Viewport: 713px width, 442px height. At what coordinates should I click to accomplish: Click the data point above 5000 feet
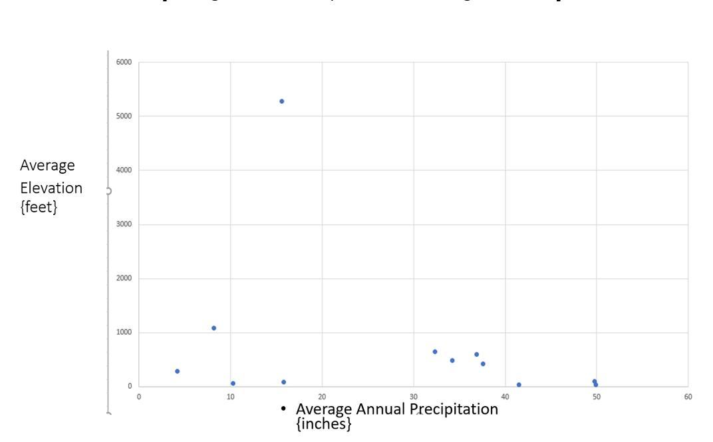281,101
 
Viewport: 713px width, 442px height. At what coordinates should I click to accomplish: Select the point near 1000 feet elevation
214,328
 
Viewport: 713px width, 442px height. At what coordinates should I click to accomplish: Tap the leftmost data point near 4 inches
177,371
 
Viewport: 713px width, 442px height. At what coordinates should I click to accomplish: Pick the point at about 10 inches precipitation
233,383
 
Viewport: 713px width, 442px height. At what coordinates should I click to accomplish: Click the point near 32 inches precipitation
434,351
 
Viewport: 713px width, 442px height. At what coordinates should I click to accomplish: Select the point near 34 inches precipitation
452,360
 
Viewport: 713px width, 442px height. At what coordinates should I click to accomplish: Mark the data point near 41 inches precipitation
519,385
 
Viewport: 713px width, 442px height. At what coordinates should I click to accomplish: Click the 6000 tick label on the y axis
124,62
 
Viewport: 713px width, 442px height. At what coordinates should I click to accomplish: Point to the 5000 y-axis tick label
124,116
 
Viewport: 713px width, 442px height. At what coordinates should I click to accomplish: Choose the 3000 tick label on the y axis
124,224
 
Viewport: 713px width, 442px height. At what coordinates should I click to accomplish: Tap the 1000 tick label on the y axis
124,332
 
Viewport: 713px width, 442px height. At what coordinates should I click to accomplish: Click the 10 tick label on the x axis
230,397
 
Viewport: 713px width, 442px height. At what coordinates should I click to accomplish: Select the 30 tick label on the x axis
414,397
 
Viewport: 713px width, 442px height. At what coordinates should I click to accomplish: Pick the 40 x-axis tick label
505,397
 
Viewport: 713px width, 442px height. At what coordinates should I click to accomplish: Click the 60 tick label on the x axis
688,397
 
